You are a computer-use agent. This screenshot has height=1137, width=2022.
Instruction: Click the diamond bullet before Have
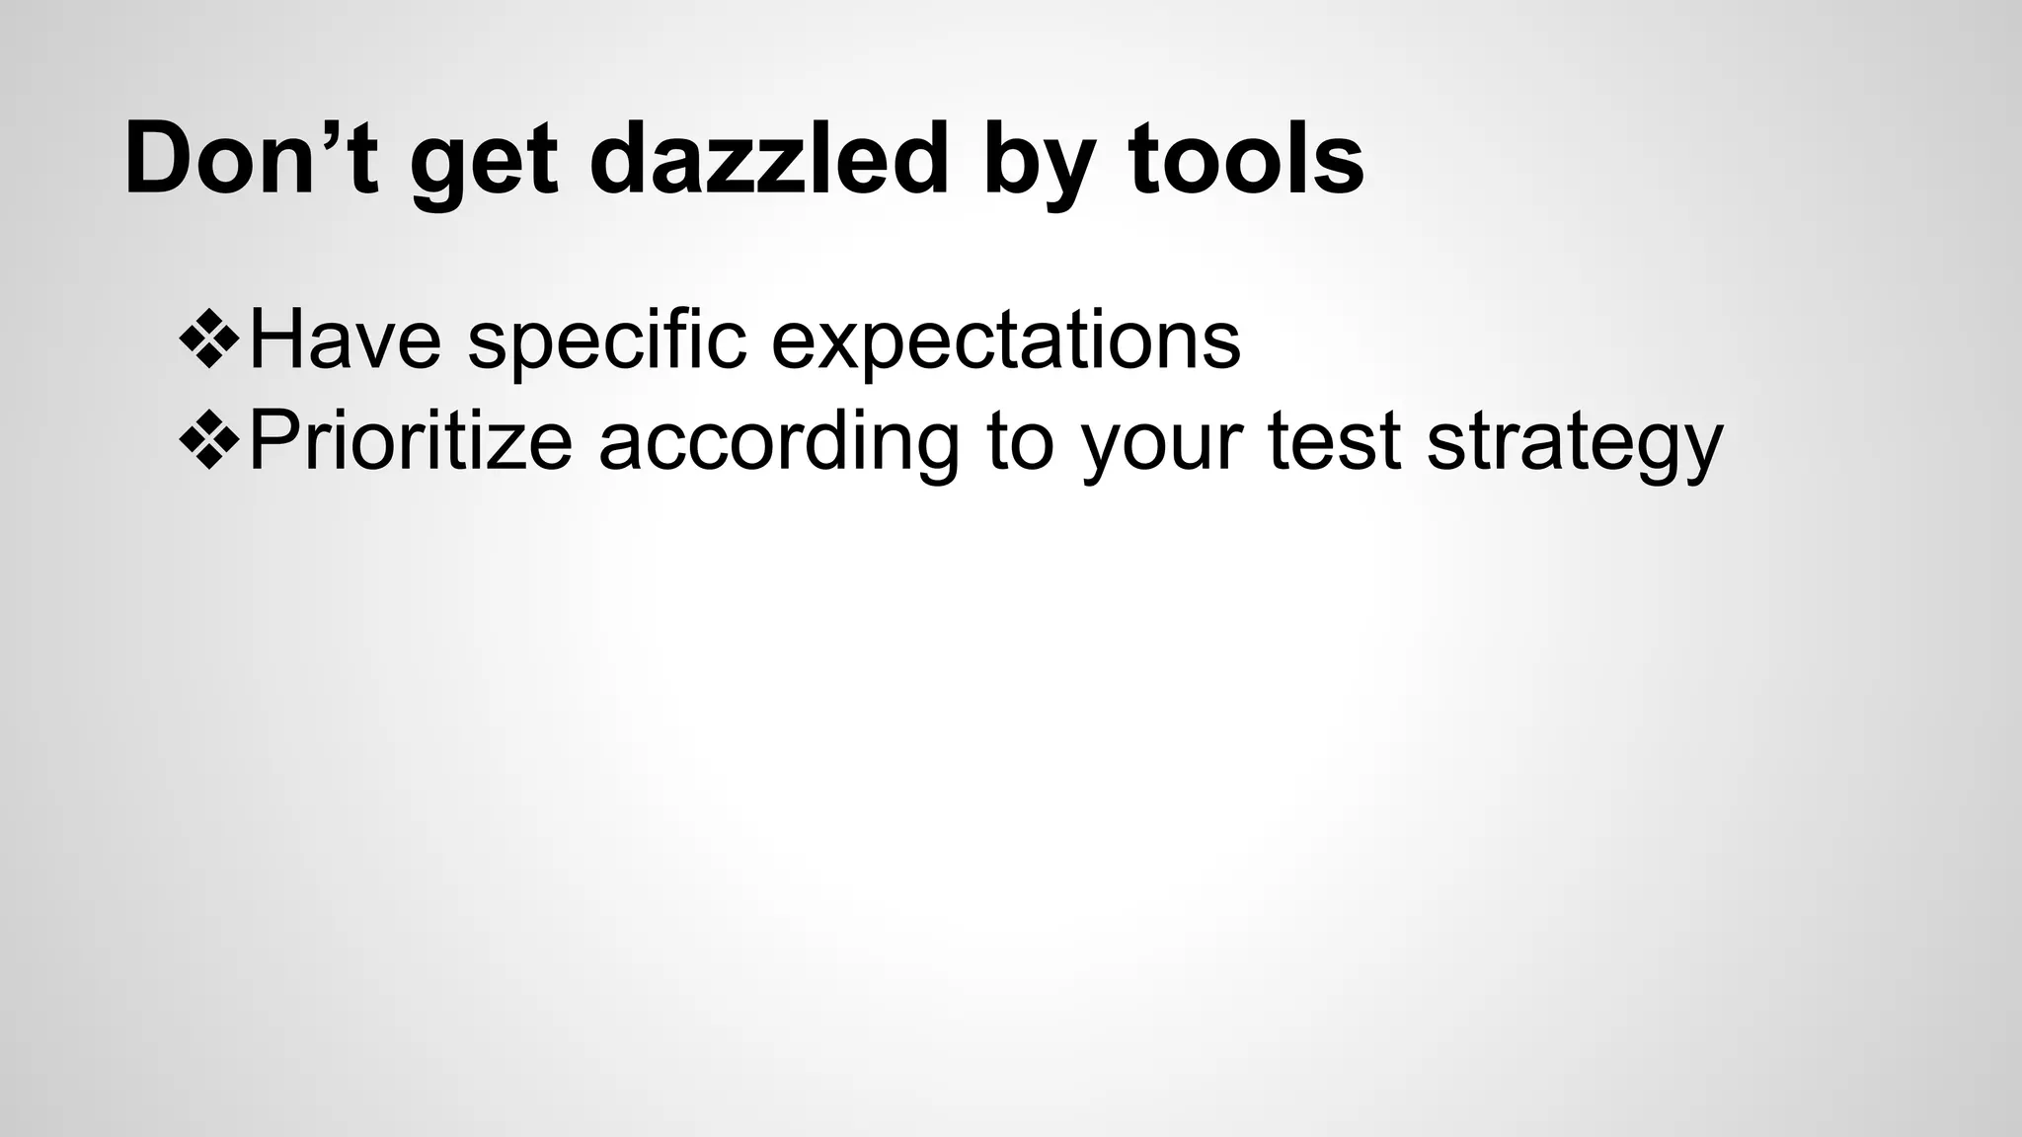point(210,339)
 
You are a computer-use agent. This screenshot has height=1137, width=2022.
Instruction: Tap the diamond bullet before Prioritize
point(210,440)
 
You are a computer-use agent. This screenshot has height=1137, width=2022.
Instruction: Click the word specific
point(606,341)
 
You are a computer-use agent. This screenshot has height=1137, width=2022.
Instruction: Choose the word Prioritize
point(411,441)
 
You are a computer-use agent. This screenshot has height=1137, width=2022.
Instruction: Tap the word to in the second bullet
point(1020,441)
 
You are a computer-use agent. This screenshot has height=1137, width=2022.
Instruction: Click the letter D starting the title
point(161,159)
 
